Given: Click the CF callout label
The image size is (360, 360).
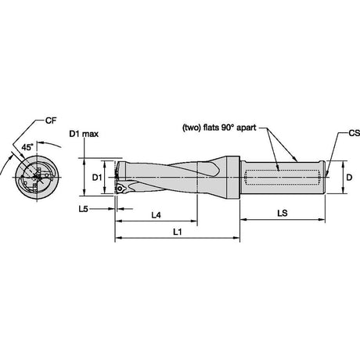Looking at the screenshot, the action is (x=51, y=121).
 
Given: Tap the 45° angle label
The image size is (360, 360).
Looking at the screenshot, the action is (x=27, y=147).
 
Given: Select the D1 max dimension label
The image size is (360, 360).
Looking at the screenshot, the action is (x=84, y=134).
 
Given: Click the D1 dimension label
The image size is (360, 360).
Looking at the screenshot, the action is (x=97, y=178).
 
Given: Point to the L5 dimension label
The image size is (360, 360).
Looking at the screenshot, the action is (x=83, y=209).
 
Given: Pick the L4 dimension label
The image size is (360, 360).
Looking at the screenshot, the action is (x=156, y=215).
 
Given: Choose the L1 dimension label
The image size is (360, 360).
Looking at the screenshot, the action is (x=178, y=232).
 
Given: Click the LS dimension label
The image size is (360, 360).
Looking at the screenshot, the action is (x=283, y=213).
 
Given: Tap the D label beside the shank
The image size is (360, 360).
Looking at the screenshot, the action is (x=349, y=178).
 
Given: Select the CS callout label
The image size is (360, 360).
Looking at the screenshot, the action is (x=355, y=133).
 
